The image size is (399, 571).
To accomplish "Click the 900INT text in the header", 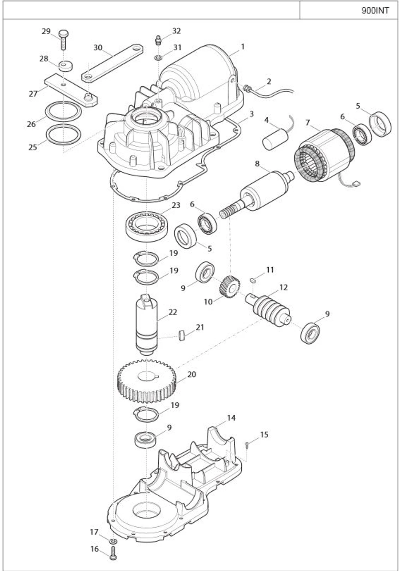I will (375, 11).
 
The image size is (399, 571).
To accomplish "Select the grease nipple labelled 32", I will (158, 40).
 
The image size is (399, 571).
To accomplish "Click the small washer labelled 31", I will (158, 57).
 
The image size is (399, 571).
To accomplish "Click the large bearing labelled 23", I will (147, 226).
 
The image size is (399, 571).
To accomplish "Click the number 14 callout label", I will (232, 418).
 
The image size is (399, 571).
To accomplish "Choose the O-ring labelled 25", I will (63, 135).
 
